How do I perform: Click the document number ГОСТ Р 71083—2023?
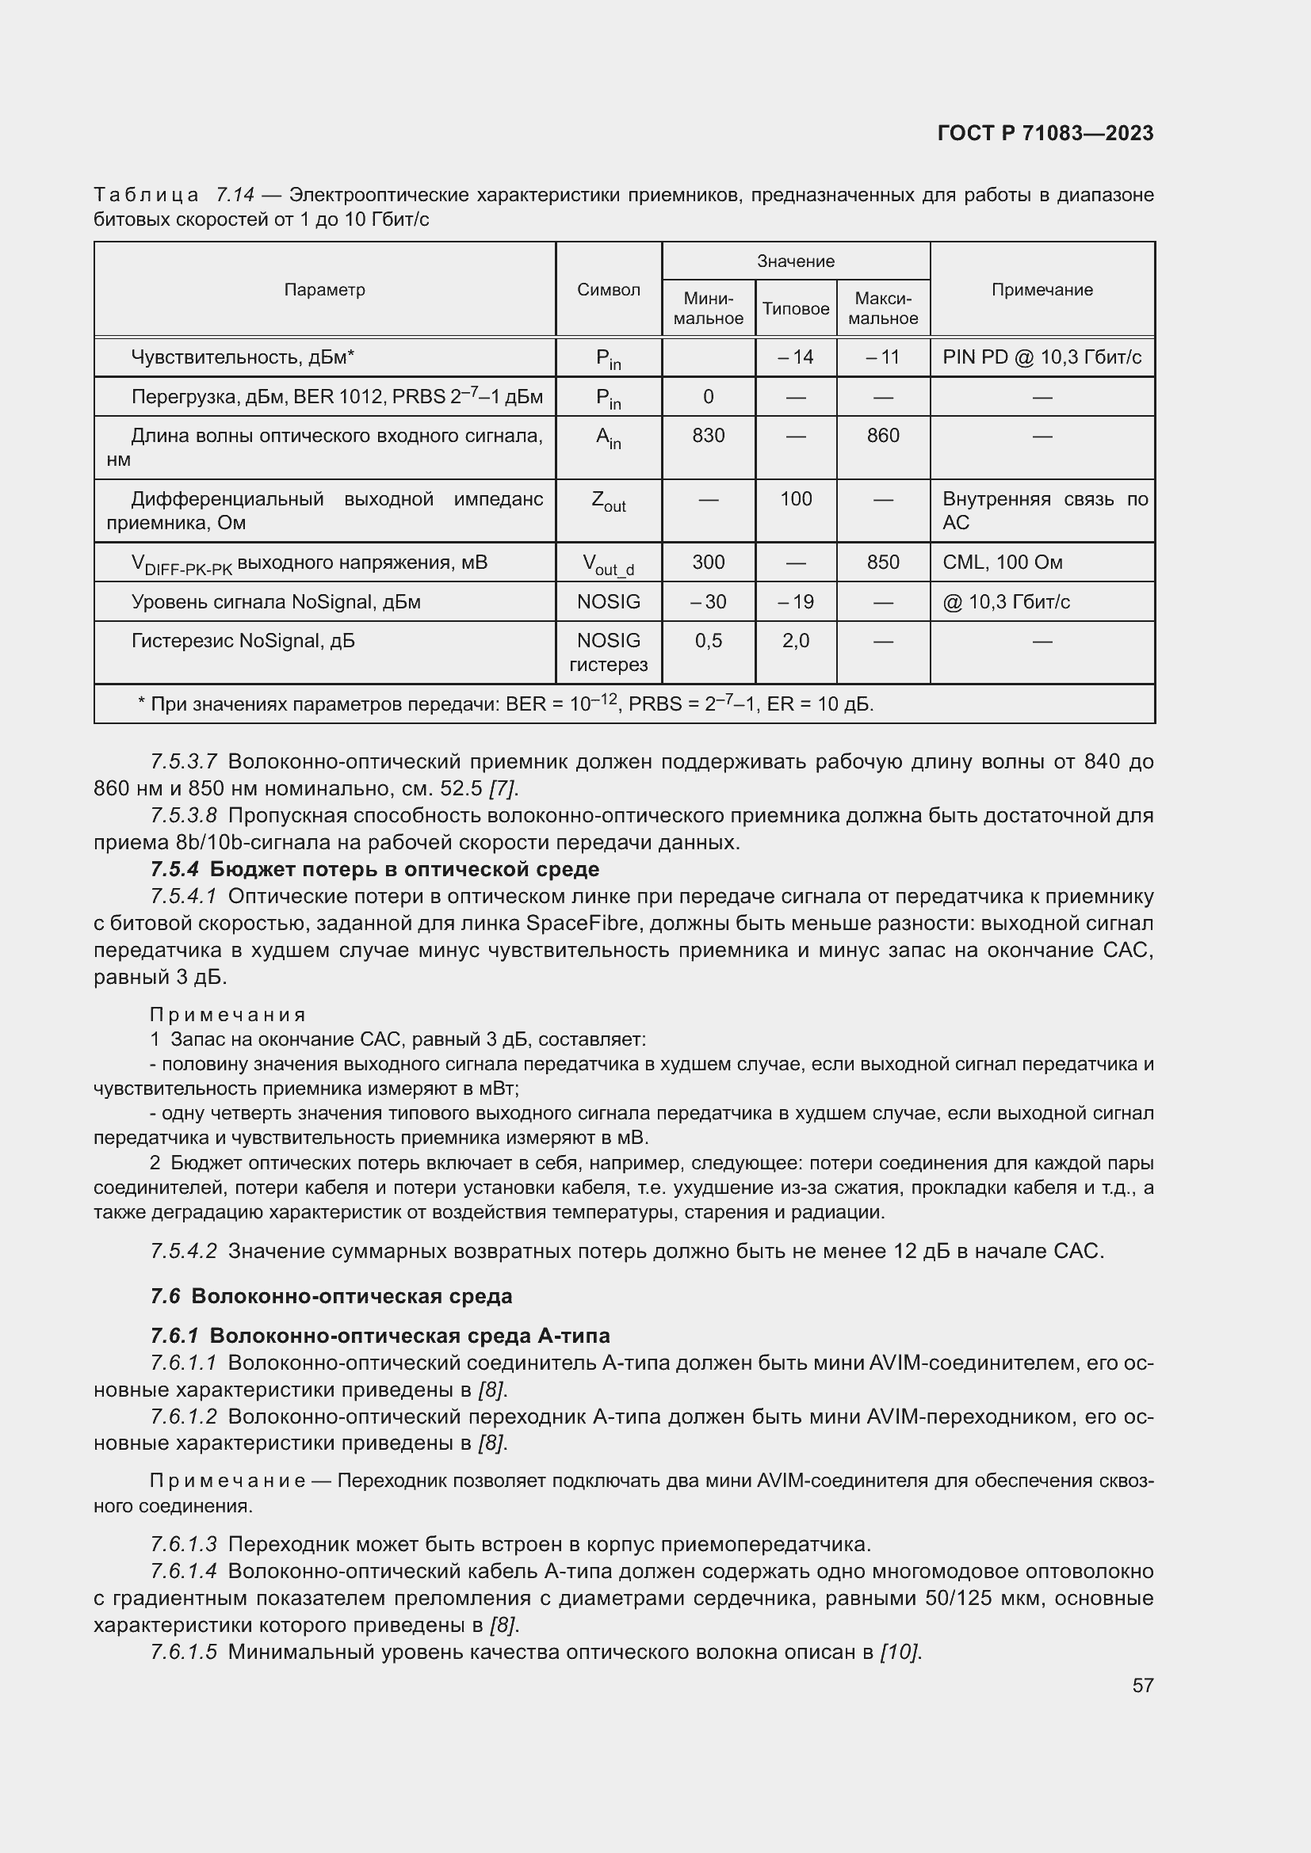[1045, 133]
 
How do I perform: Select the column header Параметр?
[324, 290]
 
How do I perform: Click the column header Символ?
[608, 290]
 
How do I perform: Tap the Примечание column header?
[1042, 290]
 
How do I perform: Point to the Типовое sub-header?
[795, 309]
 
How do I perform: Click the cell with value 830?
[708, 436]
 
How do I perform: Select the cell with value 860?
[882, 436]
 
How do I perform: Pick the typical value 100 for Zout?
[795, 499]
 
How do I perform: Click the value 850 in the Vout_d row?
[882, 562]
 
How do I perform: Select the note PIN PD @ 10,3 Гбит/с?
[1042, 356]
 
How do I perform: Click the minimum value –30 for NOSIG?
[708, 602]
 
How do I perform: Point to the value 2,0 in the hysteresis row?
[795, 641]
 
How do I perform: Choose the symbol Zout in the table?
[608, 501]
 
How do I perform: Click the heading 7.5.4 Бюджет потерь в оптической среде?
[376, 869]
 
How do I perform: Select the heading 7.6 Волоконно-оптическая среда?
[331, 1296]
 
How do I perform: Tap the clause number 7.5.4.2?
[183, 1251]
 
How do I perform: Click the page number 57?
[1142, 1685]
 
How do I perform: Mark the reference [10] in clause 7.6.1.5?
[900, 1652]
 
